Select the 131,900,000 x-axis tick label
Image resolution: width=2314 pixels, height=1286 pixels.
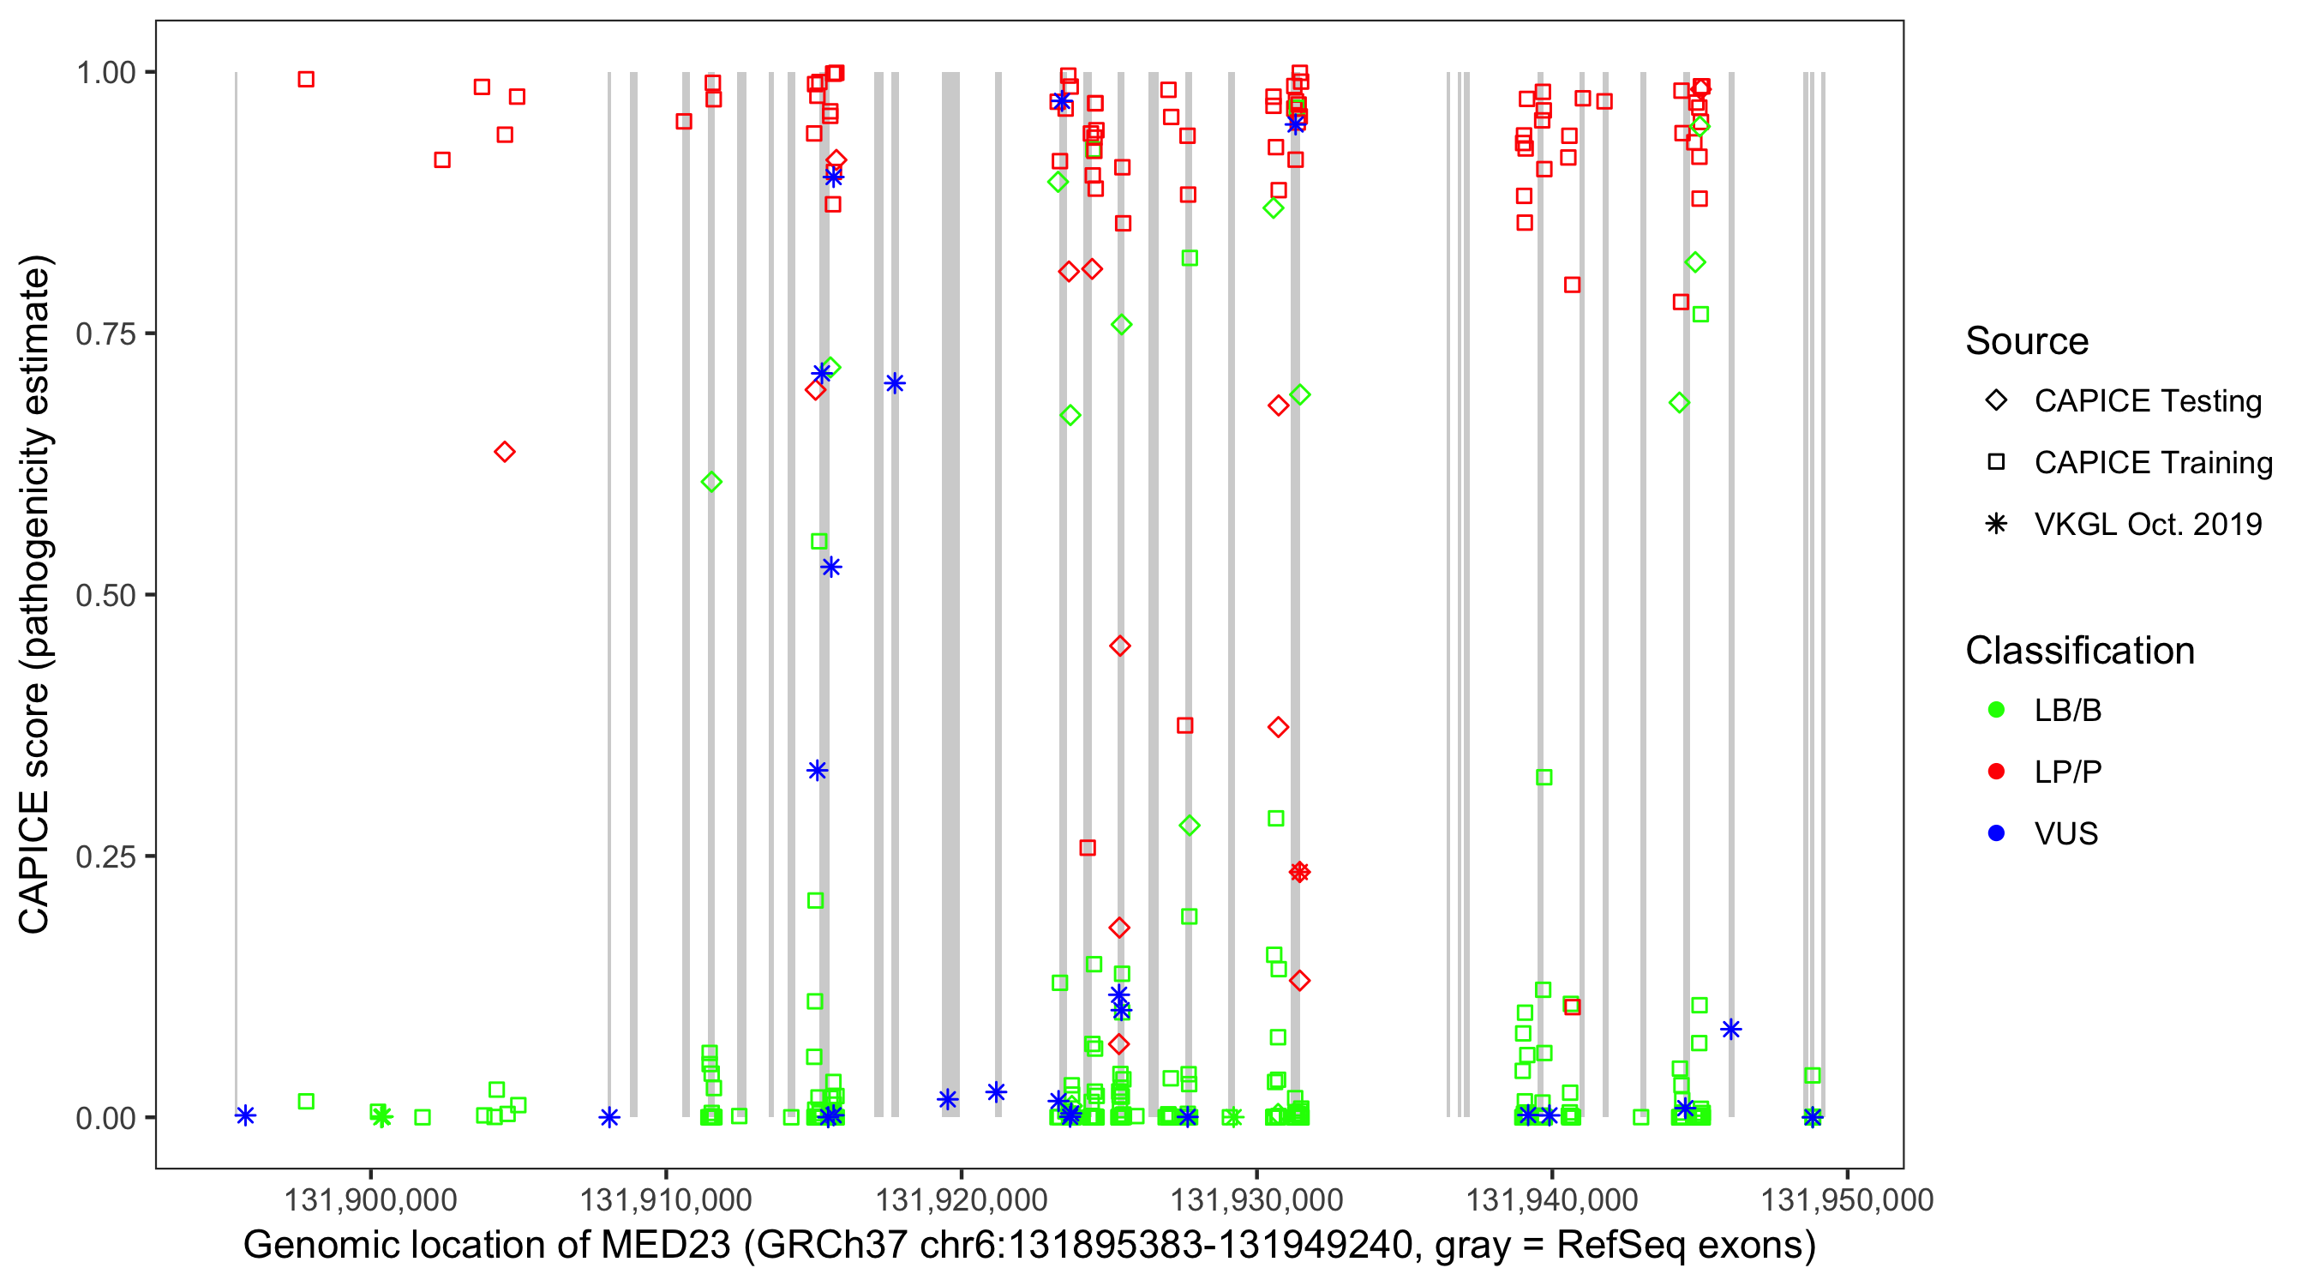370,1199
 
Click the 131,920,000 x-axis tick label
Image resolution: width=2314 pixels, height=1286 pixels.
962,1199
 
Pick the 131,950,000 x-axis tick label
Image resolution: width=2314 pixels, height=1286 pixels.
1847,1199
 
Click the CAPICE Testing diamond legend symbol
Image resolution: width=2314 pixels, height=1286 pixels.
1996,400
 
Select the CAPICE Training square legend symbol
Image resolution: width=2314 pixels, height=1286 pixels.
1996,462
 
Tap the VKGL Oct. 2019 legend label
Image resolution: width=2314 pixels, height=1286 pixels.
2148,524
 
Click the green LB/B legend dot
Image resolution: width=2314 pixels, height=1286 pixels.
1996,710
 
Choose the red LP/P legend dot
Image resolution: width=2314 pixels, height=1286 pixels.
1996,772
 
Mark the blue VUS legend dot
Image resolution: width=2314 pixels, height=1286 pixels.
1996,833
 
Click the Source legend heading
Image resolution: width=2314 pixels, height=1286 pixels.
2027,341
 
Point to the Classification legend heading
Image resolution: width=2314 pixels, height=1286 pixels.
2079,651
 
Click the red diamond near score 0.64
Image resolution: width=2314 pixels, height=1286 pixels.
505,451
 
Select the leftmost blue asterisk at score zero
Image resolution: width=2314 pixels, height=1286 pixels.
245,1115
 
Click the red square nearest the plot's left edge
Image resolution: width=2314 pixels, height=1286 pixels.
305,79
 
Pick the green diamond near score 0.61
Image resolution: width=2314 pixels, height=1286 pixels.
711,482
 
